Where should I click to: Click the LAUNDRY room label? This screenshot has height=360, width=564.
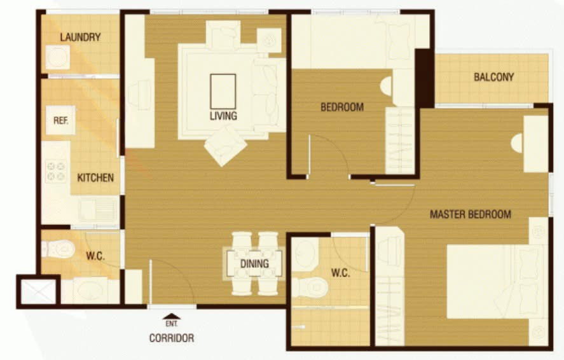click(80, 37)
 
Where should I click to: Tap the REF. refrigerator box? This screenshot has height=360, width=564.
click(60, 120)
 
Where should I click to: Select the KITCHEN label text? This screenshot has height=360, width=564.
click(95, 177)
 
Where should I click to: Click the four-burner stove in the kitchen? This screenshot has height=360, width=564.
click(56, 171)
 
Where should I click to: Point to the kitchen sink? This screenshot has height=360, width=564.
click(97, 210)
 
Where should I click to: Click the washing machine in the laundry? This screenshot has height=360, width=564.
click(58, 57)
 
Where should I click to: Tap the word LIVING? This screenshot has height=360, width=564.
click(223, 116)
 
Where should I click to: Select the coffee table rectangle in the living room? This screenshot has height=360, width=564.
click(223, 92)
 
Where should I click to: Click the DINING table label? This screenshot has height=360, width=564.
click(254, 263)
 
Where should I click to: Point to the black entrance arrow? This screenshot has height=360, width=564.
click(172, 317)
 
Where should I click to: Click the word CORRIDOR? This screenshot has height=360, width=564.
click(172, 338)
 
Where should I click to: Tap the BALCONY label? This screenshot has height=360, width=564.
click(493, 77)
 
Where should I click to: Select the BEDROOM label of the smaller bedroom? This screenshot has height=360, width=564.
click(341, 107)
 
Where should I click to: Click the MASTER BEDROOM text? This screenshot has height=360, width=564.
click(470, 214)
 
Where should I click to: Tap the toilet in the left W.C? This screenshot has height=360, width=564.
click(58, 249)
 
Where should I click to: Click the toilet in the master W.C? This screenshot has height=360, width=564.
click(310, 287)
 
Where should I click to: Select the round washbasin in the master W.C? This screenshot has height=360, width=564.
click(305, 254)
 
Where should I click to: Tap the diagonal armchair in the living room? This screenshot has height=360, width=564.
click(226, 146)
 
